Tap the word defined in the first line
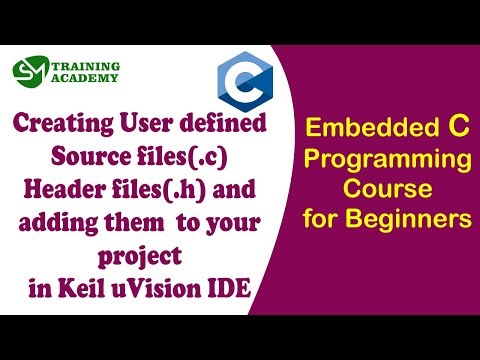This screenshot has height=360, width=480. point(227,126)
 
